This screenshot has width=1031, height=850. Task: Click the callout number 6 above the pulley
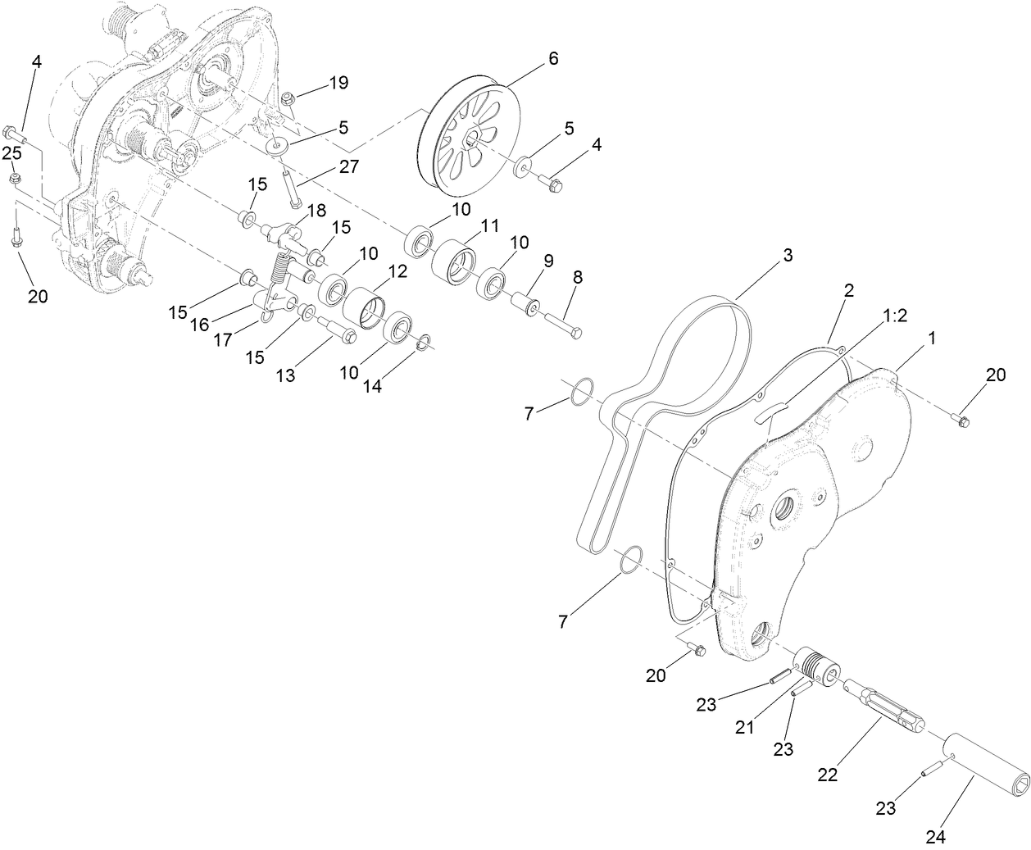click(552, 58)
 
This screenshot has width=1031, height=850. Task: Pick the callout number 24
click(936, 837)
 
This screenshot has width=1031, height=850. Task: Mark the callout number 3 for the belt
click(788, 255)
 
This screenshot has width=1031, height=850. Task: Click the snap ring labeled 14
click(422, 343)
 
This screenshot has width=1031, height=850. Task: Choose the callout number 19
click(338, 82)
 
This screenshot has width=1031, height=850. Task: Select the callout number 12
click(397, 272)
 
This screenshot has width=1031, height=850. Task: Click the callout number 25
click(11, 153)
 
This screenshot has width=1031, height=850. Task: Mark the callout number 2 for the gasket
click(848, 289)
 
